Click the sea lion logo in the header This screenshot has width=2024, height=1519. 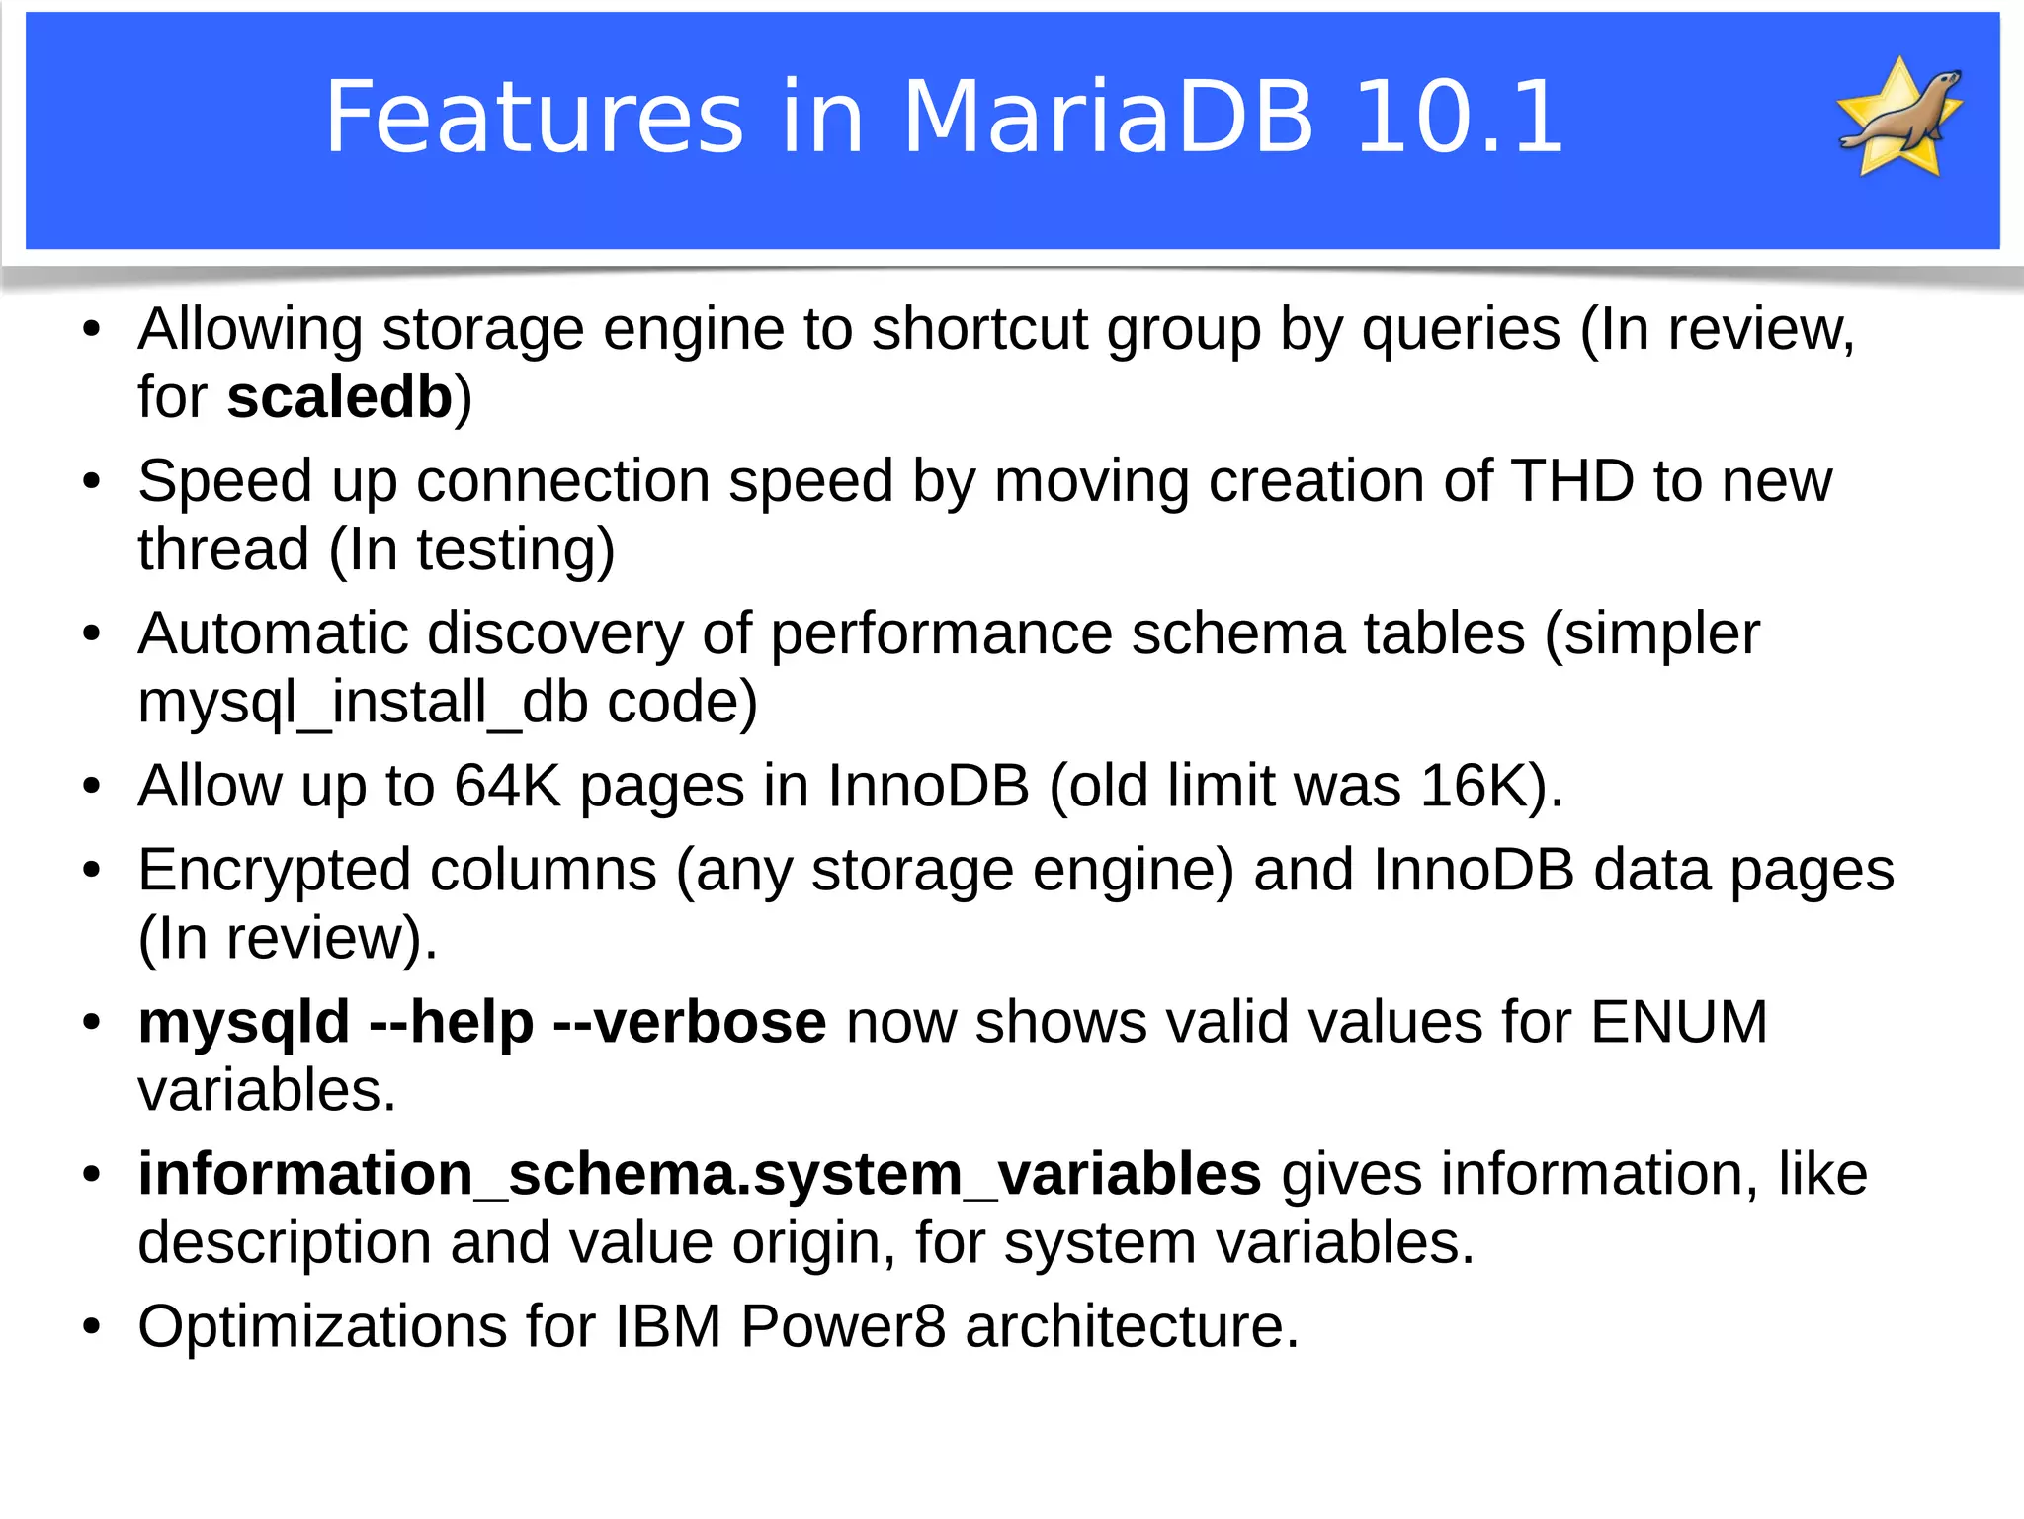tap(1898, 117)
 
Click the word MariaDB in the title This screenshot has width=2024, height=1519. tap(1108, 118)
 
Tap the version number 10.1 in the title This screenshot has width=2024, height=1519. tap(1459, 118)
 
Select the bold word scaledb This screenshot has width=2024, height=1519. tap(339, 397)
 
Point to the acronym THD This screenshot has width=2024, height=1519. tap(1572, 481)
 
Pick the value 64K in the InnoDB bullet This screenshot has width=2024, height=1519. tap(507, 786)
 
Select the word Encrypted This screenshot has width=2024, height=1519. tap(274, 870)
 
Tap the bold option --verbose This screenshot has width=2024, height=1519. tap(689, 1022)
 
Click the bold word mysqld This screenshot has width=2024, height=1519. tap(244, 1022)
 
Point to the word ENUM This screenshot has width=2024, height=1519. tap(1678, 1022)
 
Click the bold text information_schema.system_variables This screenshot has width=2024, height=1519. tap(699, 1174)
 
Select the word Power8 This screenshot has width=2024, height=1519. tap(843, 1326)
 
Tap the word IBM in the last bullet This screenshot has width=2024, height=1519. tap(668, 1326)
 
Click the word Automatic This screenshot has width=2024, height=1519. tap(273, 633)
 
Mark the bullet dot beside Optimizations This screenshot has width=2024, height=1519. tap(92, 1326)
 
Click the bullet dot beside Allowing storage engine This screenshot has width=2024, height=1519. tap(92, 330)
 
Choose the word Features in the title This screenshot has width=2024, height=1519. tap(534, 118)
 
